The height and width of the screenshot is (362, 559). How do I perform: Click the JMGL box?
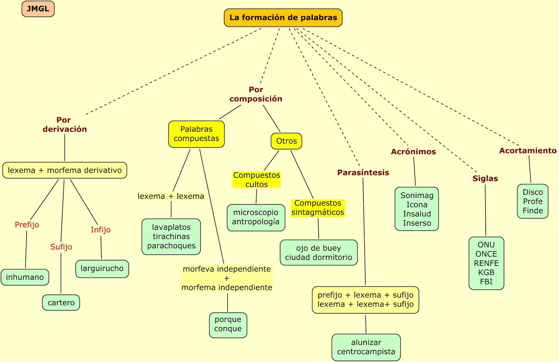coord(38,9)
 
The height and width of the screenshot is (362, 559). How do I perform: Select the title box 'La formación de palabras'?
coord(283,18)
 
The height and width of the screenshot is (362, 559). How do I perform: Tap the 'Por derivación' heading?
coord(65,125)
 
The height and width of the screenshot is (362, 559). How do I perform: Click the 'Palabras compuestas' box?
coord(196,134)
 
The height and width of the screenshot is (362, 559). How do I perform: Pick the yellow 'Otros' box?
coord(286,141)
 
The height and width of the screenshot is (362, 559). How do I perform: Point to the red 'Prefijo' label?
coord(27,225)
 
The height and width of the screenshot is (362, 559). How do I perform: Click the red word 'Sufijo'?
coord(61,247)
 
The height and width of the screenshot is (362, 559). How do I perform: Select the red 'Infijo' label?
coord(101,230)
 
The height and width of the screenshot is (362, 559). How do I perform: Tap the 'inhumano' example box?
coord(25,277)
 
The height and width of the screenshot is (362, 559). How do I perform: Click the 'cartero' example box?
coord(61,303)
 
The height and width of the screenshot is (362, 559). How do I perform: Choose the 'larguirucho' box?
coord(102,268)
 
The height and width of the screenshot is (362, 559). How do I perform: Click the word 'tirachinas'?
coord(171,237)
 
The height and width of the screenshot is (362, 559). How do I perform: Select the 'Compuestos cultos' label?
coord(256,180)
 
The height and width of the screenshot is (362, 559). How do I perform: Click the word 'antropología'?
coord(256,222)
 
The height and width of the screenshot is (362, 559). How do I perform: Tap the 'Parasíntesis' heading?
coord(363,172)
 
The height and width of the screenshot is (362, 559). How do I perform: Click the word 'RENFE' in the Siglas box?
coord(486,263)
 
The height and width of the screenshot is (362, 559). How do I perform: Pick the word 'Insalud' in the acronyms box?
coord(417,214)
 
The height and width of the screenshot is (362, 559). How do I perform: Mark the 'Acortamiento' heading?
coord(528,150)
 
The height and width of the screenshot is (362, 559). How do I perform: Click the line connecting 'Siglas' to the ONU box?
coord(485,209)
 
